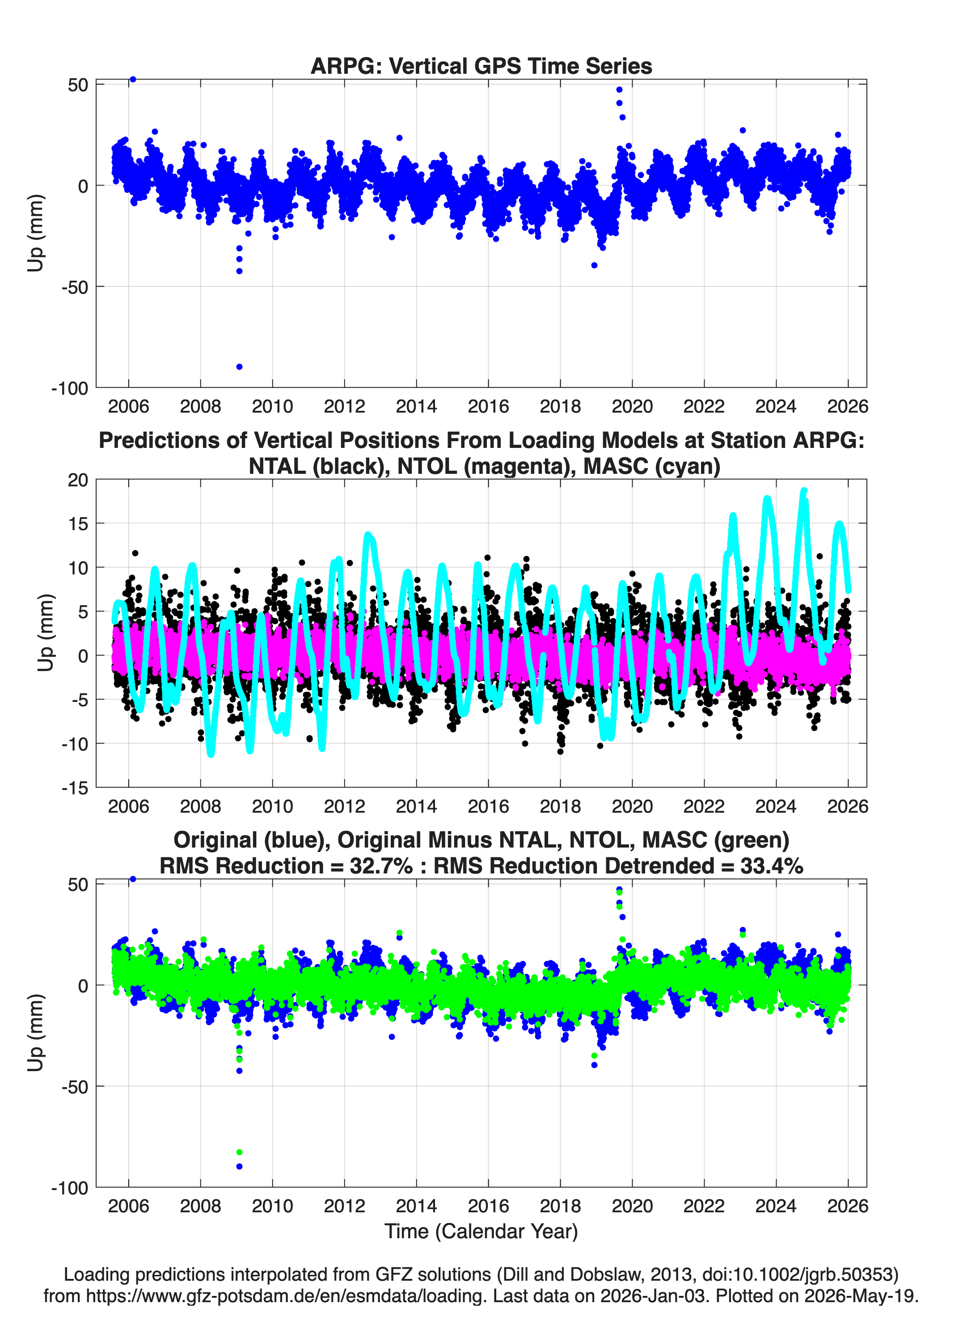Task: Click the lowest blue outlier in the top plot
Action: point(239,367)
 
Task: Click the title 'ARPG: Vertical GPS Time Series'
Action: point(481,66)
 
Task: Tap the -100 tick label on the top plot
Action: point(69,388)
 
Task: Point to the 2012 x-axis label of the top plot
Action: point(344,406)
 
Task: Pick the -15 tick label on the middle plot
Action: point(75,788)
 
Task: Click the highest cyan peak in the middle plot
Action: point(804,490)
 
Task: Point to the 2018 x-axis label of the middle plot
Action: point(560,806)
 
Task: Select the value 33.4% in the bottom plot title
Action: point(771,866)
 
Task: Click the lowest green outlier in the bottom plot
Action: point(239,1152)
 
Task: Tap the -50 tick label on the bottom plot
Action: point(75,1087)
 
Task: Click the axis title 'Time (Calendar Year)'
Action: point(481,1232)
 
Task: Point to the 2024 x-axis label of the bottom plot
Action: point(776,1206)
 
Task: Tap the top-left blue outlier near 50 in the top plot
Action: point(133,80)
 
